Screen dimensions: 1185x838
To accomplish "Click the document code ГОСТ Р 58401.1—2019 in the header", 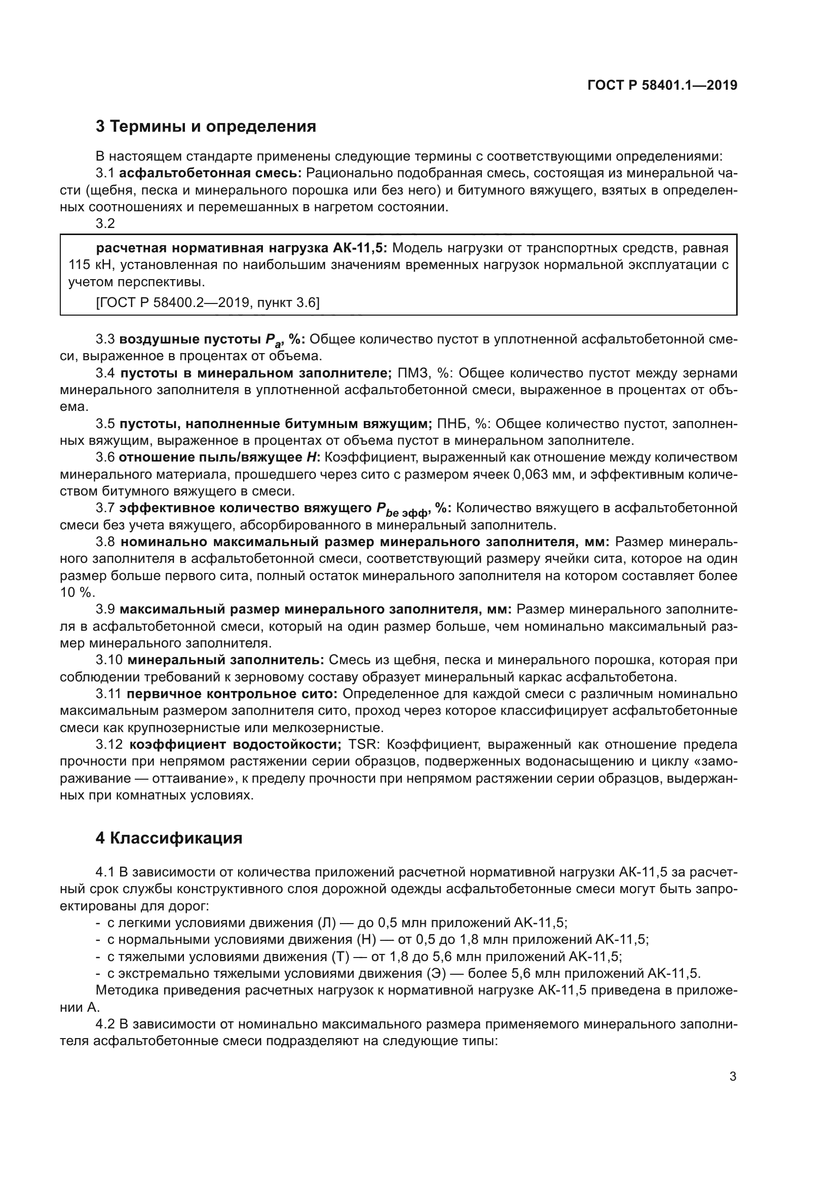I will point(662,86).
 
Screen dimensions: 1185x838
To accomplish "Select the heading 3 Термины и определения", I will point(205,127).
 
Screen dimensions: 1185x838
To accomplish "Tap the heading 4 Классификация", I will point(169,837).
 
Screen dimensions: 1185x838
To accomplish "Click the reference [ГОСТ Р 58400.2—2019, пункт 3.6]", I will point(207,302).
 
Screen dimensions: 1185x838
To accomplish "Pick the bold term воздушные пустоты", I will point(190,339).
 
